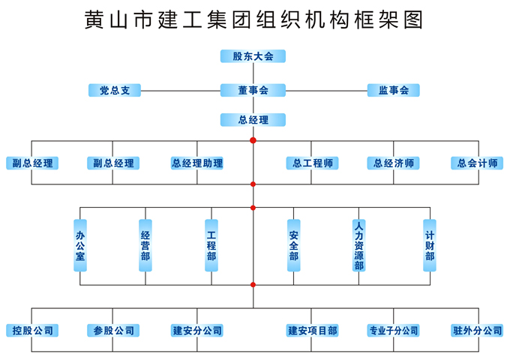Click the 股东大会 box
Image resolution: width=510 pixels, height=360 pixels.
pos(253,56)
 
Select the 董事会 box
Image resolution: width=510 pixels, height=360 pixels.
pos(253,91)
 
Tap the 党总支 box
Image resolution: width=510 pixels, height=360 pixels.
pos(115,91)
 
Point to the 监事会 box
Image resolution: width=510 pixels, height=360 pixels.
pos(393,91)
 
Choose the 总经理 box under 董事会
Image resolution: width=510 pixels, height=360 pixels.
pos(253,120)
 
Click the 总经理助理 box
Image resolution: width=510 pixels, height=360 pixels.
pos(197,163)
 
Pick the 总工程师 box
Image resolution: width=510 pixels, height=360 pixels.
pos(312,163)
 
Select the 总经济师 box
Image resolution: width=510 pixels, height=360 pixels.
pos(393,163)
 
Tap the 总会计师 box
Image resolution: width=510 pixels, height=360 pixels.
pos(477,163)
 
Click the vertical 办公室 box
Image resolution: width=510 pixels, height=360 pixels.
pos(79,244)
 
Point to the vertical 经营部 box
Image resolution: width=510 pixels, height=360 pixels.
pos(145,244)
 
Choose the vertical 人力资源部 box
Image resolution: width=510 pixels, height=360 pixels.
pos(359,244)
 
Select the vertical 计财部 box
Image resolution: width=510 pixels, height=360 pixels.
pos(430,244)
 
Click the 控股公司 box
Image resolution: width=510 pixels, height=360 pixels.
pos(31,331)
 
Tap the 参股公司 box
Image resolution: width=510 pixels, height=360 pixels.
pos(114,331)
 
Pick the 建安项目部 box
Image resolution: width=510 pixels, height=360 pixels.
pos(312,331)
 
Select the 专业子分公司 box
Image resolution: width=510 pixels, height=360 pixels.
pos(393,331)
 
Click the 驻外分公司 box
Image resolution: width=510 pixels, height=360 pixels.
pos(477,331)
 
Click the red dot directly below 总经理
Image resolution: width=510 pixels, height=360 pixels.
pos(253,140)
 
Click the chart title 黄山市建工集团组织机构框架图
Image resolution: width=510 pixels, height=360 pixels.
pos(255,19)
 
